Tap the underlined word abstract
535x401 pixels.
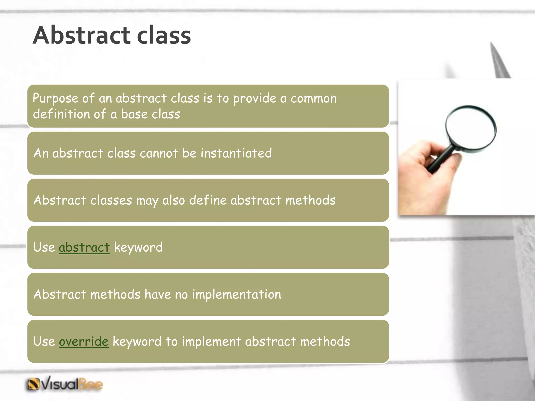[x=84, y=247]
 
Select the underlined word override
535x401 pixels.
[x=84, y=341]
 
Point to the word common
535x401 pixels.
[x=313, y=99]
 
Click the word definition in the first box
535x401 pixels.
[x=61, y=114]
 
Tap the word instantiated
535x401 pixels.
[x=236, y=153]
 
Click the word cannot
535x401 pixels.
[x=159, y=153]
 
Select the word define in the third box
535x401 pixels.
[x=208, y=200]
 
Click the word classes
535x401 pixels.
[x=111, y=200]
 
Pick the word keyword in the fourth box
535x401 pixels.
[x=138, y=247]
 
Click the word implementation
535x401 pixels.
[x=236, y=294]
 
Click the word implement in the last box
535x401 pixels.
[x=211, y=341]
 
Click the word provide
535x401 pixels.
[x=254, y=99]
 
